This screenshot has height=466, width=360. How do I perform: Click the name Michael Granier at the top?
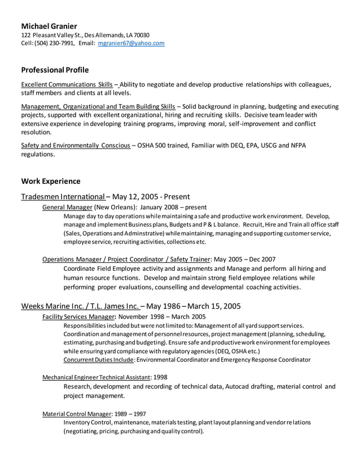click(49, 26)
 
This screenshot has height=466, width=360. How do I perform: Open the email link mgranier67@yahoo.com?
click(131, 43)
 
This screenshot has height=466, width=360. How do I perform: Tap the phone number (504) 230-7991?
click(55, 43)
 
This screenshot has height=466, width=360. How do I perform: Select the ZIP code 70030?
click(141, 35)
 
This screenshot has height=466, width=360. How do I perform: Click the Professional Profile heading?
click(55, 70)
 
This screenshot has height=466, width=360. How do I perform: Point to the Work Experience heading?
click(51, 181)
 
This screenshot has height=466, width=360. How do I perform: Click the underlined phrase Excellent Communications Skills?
click(67, 85)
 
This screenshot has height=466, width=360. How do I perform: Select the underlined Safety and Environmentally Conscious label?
click(75, 145)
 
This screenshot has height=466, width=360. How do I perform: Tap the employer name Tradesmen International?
click(63, 197)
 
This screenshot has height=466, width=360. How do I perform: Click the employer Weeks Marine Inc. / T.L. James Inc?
click(80, 306)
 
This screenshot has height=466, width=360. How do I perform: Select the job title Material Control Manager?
click(77, 414)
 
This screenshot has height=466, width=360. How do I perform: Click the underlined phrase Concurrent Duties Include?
click(99, 359)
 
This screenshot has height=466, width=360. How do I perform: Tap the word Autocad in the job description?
click(243, 386)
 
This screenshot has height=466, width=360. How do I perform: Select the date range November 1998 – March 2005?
click(162, 316)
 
